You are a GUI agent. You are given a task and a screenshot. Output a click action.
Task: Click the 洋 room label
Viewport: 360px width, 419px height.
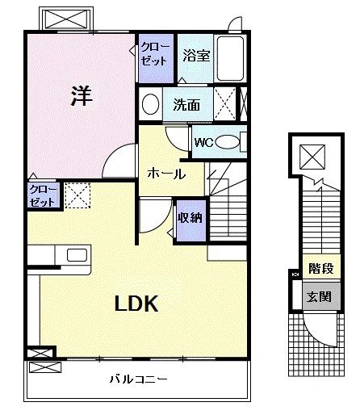(x=81, y=96)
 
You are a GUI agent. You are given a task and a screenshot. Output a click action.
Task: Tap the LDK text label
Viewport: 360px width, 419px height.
(x=135, y=304)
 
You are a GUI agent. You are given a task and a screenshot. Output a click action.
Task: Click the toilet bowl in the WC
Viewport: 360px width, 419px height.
(x=228, y=143)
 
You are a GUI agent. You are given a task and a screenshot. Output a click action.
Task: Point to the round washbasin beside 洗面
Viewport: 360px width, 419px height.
(x=150, y=104)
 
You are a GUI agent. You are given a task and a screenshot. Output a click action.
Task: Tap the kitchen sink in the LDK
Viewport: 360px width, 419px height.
(x=77, y=255)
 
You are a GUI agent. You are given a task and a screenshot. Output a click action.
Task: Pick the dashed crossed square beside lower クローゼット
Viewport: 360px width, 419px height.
(x=77, y=196)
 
